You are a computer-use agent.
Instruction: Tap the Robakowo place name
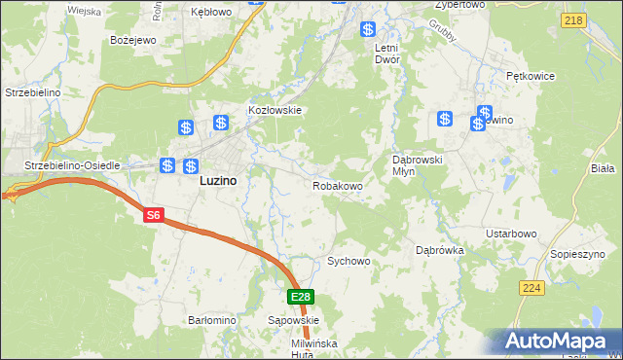coord(338,185)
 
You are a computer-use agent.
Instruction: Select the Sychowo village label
coord(349,262)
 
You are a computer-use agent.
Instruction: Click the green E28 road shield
coord(300,297)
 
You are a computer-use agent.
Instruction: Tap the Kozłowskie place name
coord(276,111)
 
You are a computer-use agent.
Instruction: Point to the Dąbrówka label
coord(440,250)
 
